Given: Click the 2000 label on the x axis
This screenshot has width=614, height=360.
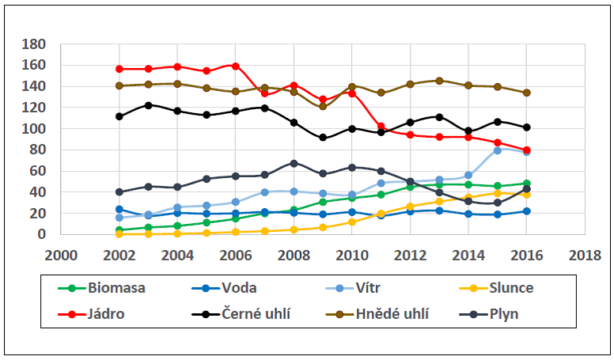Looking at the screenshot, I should [63, 255].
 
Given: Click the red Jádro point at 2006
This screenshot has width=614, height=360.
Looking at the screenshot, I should [236, 66].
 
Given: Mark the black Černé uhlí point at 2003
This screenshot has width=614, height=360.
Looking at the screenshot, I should [149, 105].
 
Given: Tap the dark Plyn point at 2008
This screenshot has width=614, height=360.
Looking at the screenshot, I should [294, 163].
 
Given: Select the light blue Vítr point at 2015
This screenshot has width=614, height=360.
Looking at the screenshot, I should [498, 150].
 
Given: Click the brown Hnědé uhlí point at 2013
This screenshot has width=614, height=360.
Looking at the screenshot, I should [439, 81].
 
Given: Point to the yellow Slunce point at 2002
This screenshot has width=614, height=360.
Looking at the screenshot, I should [119, 234].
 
